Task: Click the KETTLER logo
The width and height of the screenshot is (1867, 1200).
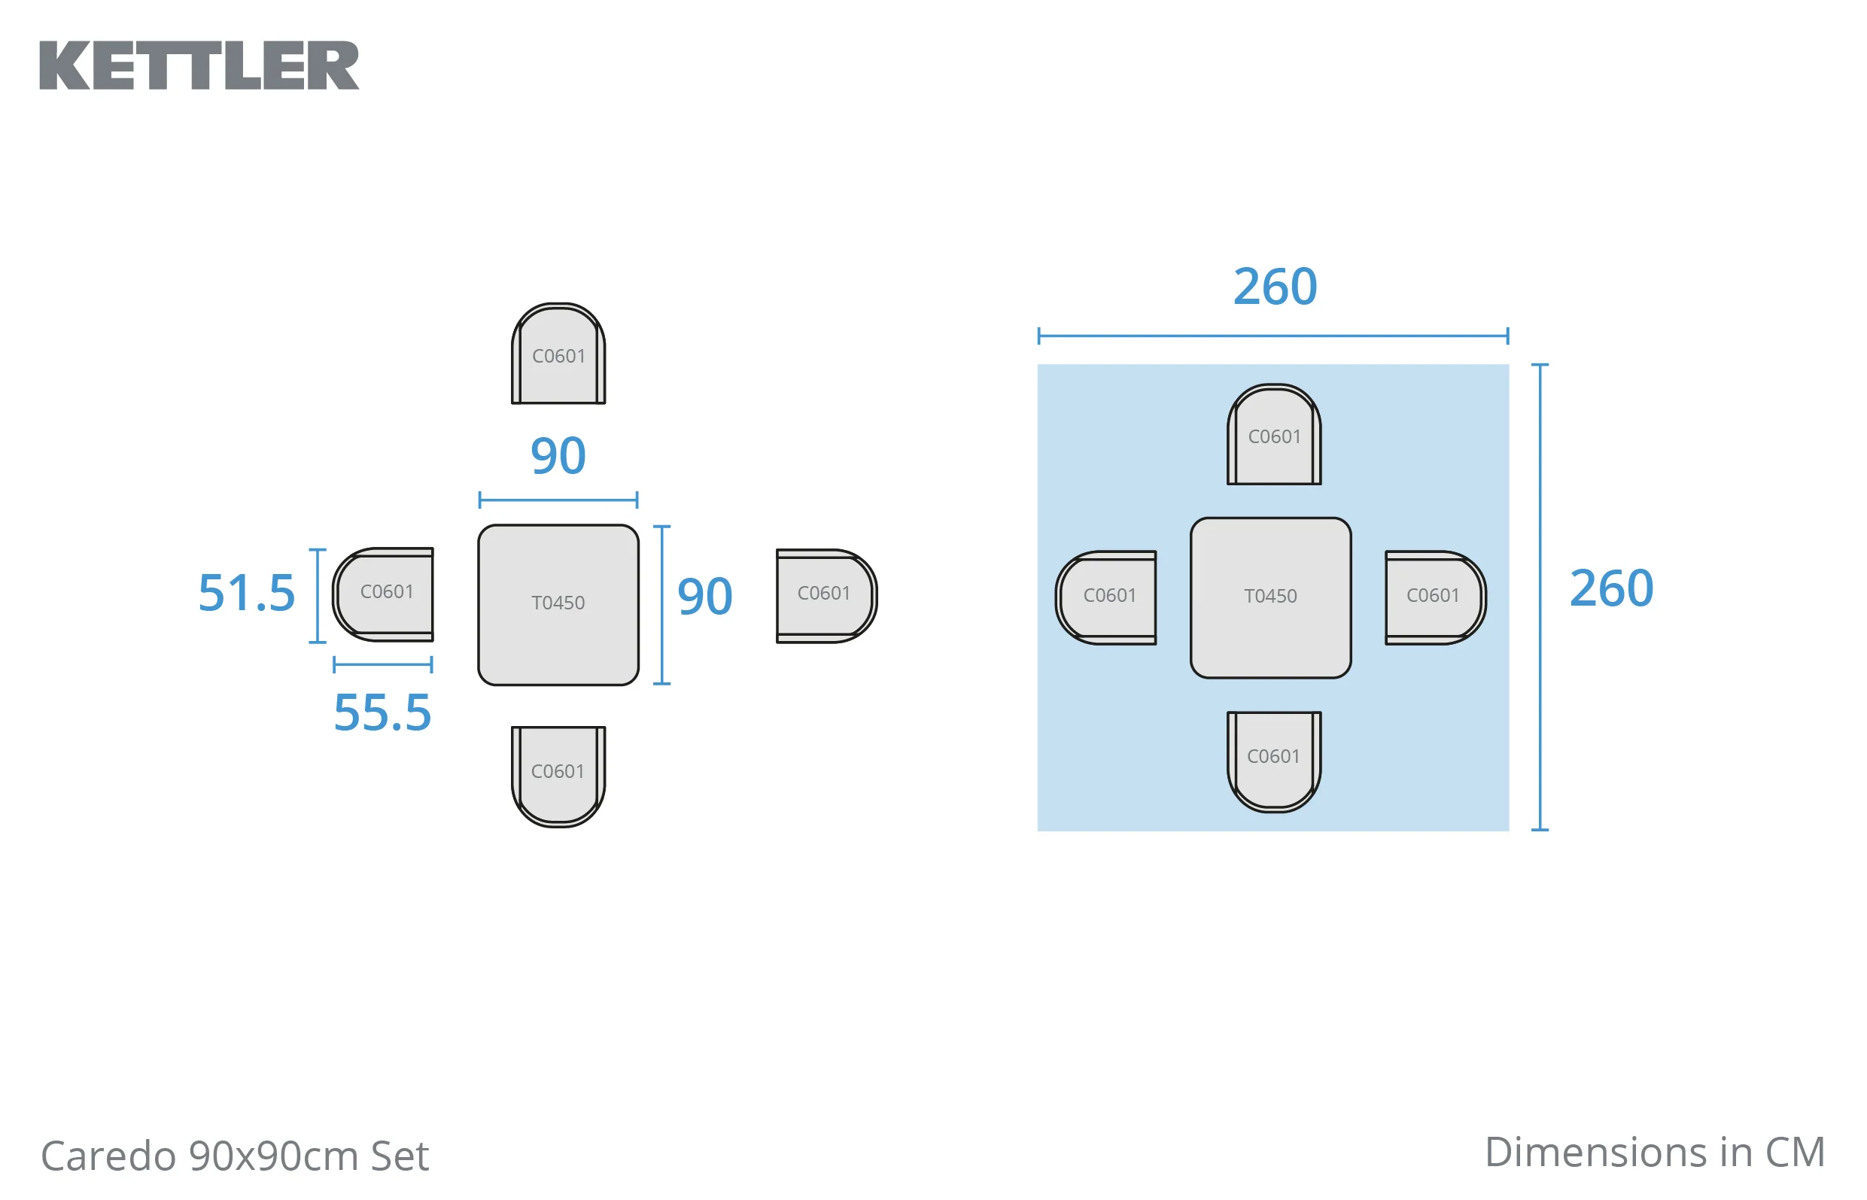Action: pos(199,65)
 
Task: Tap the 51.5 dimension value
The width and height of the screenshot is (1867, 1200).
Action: pos(247,594)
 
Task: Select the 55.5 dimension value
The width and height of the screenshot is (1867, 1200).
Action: pos(382,713)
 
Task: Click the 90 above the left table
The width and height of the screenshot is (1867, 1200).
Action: pos(558,456)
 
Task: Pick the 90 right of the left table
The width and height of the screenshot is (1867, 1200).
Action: pos(705,597)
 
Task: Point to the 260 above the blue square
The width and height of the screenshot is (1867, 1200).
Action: pos(1275,287)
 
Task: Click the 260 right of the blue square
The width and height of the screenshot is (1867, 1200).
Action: pos(1611,588)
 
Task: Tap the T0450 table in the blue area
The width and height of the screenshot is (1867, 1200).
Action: pos(1271,597)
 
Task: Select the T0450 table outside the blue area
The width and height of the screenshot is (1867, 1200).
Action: pos(558,605)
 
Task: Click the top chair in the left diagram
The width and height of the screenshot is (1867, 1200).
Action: pos(558,354)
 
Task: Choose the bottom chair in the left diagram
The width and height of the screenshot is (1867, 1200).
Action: pos(558,776)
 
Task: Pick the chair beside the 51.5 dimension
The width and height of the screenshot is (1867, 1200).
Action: pos(383,594)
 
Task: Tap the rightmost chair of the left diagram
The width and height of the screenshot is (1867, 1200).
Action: pos(827,596)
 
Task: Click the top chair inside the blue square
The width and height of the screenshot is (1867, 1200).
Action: pos(1274,434)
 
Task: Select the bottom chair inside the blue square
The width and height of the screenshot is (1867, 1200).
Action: pos(1274,761)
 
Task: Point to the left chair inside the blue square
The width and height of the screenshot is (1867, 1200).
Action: pos(1105,597)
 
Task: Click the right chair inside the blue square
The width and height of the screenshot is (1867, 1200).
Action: pos(1435,597)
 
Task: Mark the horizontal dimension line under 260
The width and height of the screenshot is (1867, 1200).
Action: pos(1273,336)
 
